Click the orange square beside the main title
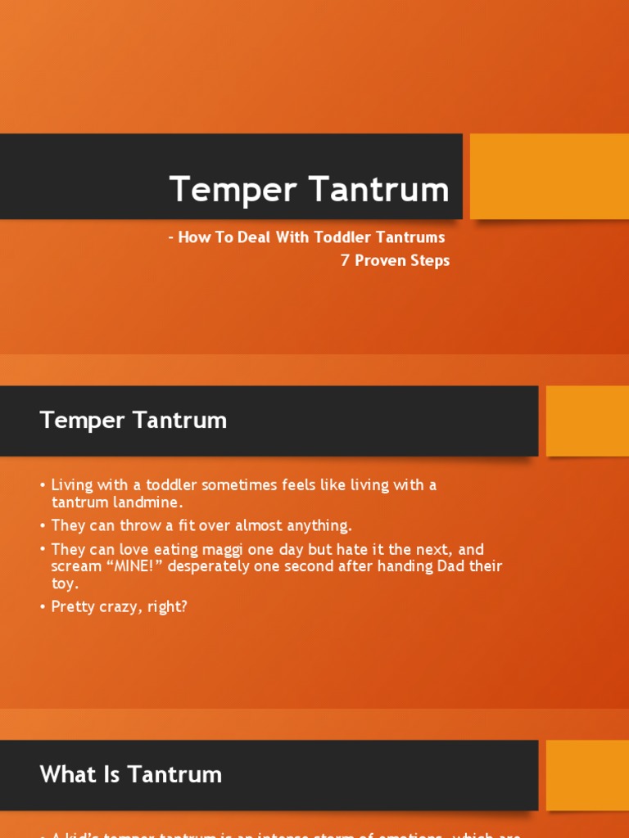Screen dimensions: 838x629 click(x=549, y=177)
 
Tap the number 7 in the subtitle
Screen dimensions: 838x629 click(x=346, y=261)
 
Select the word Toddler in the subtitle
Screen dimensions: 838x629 click(x=343, y=237)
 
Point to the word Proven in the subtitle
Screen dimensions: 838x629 click(x=382, y=261)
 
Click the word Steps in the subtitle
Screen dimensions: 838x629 click(x=432, y=261)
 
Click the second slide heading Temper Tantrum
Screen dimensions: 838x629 click(x=133, y=421)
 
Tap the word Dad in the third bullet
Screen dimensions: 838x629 click(x=439, y=566)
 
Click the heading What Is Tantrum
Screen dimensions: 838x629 click(x=131, y=774)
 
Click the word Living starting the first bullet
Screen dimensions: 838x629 click(x=74, y=485)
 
